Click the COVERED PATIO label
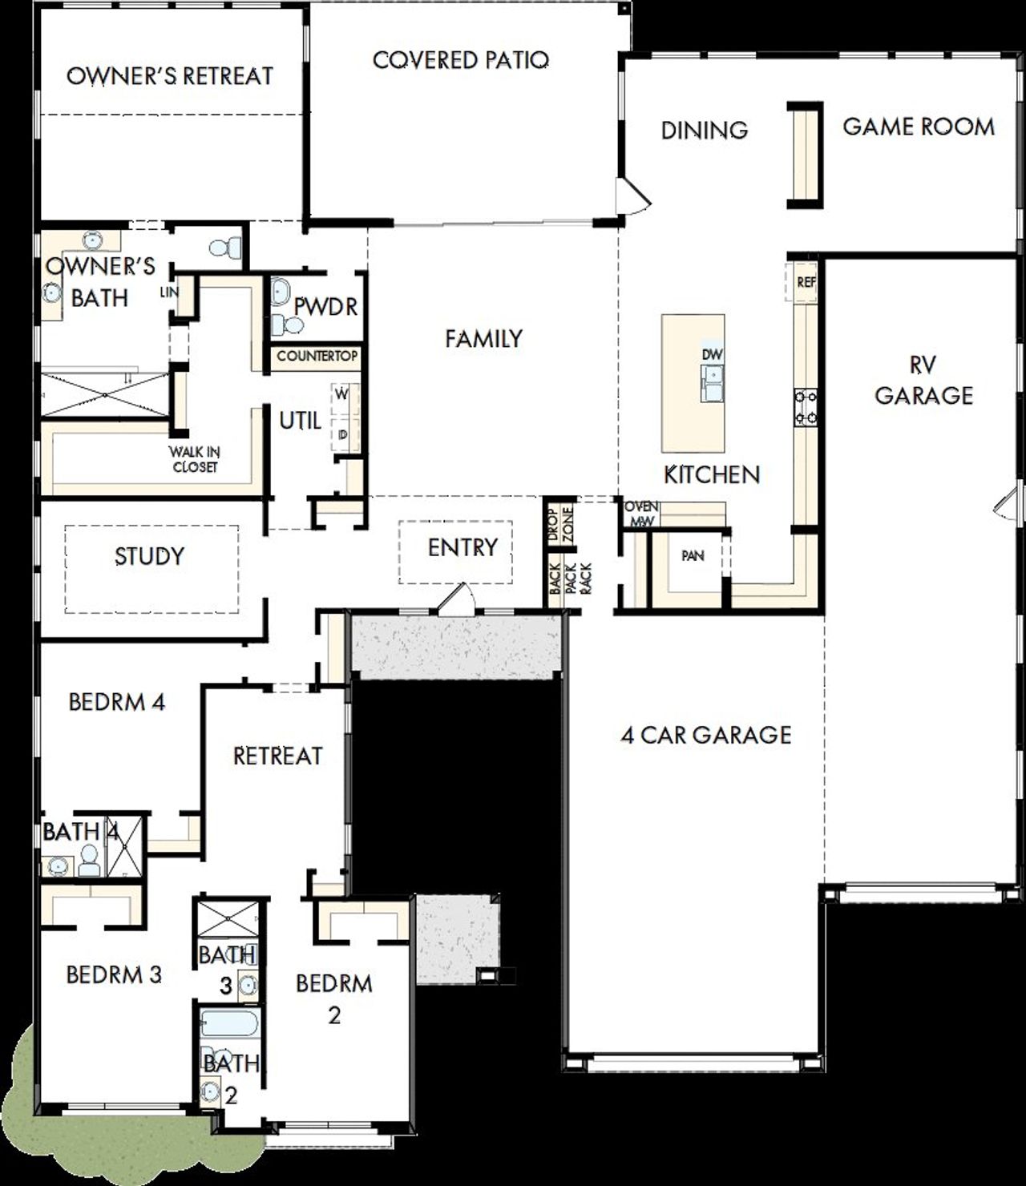point(461,60)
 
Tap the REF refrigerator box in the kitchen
point(806,282)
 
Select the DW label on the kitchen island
point(712,354)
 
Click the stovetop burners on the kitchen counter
point(806,405)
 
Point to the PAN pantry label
point(692,555)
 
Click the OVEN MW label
point(641,514)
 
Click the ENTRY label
point(463,547)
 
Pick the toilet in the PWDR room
point(287,325)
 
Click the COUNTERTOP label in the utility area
point(317,356)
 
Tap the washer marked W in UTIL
point(341,394)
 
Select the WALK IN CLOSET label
point(195,459)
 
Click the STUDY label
point(149,556)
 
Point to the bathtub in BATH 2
point(229,1023)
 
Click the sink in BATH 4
point(58,865)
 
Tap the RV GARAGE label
point(923,381)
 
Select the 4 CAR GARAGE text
point(706,735)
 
